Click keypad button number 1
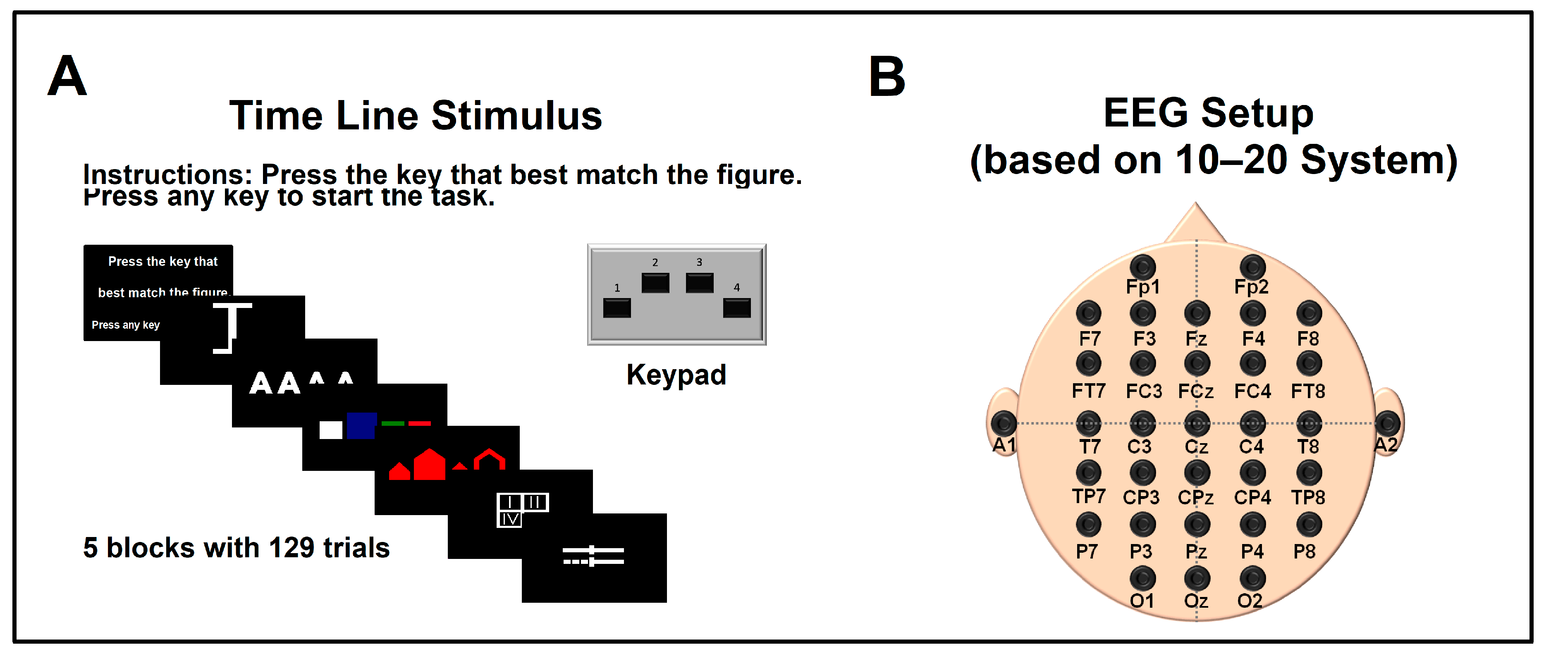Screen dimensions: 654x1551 click(617, 308)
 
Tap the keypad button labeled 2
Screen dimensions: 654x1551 click(655, 282)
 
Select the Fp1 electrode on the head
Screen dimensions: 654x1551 click(1142, 267)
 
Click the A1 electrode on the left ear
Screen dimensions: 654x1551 click(1004, 423)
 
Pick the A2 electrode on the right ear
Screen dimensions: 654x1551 click(1387, 423)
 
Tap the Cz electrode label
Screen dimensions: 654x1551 click(1196, 447)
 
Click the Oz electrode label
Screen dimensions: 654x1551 click(1196, 601)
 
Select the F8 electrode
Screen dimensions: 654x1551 click(1308, 313)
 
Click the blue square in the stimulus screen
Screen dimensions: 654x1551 click(361, 426)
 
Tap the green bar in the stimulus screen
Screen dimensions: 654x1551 click(392, 423)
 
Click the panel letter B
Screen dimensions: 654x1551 click(887, 76)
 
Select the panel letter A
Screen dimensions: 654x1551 click(67, 76)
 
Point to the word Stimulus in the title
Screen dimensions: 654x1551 click(516, 116)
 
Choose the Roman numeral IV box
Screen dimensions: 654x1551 click(509, 519)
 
